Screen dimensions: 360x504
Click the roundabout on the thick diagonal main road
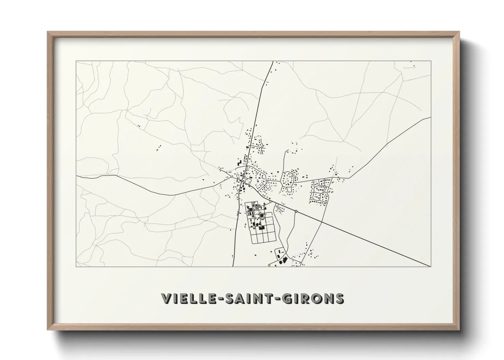[296, 212]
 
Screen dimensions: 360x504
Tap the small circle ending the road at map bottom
[269, 265]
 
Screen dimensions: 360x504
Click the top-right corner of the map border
[431, 61]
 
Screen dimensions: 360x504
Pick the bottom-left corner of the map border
[76, 266]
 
